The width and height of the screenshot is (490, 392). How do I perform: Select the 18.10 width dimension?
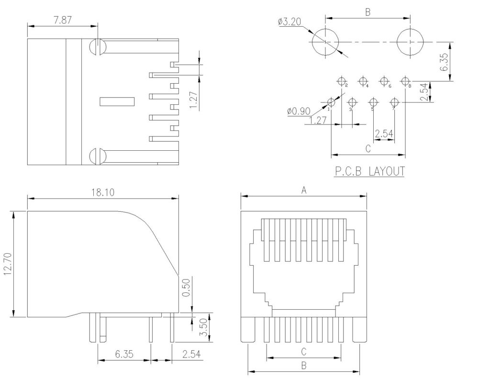coord(102,192)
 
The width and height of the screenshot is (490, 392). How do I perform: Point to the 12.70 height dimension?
coord(7,264)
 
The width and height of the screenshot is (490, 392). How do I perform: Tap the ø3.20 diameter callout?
coord(289,22)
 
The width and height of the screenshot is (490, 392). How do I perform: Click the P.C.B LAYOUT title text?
coord(368,171)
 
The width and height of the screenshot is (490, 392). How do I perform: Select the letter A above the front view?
coord(303,190)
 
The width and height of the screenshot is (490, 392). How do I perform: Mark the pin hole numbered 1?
coord(331,102)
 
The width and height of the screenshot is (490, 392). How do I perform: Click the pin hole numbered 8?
coord(405,80)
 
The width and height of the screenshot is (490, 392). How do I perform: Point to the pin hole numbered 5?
coord(373,102)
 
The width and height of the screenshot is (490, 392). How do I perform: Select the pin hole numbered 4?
coord(363,80)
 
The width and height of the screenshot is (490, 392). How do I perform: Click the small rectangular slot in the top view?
coord(117,101)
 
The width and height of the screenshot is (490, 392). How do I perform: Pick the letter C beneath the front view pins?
coord(303,351)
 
